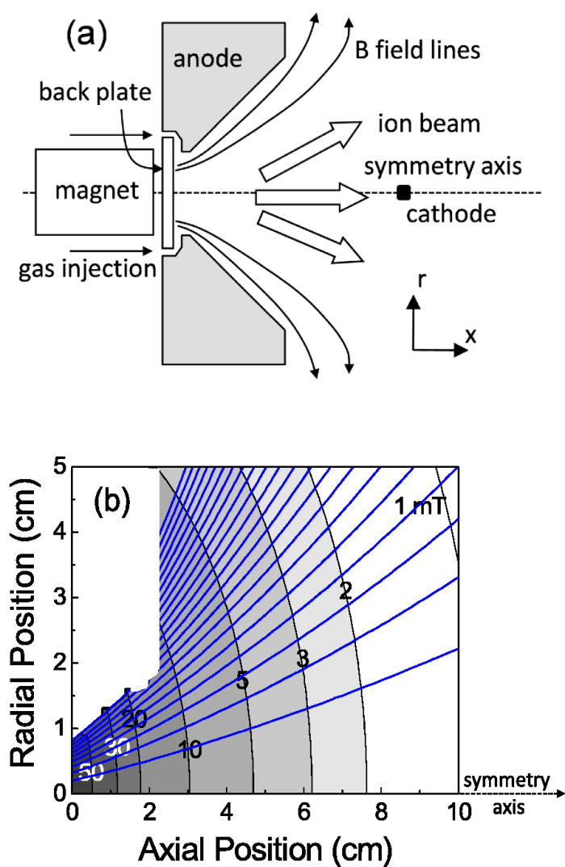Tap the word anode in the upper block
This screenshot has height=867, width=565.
(207, 58)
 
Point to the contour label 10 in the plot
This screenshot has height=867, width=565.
(190, 750)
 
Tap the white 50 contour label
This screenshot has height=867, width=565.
(91, 773)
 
